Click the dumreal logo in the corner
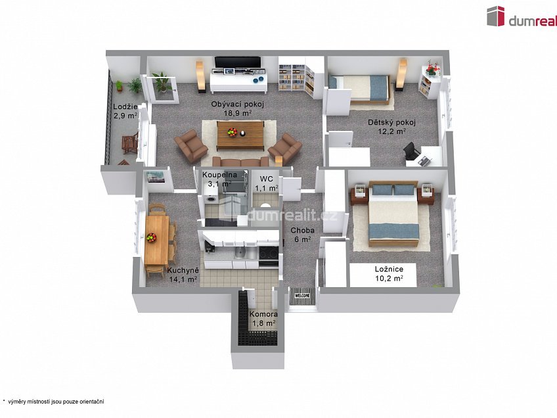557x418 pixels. (522, 16)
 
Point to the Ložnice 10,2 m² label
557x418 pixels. (389, 273)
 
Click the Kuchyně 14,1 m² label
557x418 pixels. (183, 275)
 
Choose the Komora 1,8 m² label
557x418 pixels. (263, 319)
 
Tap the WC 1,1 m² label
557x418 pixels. (267, 183)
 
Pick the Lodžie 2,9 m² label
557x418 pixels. (125, 111)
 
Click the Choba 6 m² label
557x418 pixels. (302, 235)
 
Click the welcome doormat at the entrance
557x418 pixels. (302, 296)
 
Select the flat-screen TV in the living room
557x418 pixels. (238, 62)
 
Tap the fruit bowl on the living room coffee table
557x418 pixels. (233, 132)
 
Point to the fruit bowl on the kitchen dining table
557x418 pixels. (152, 237)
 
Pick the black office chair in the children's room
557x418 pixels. (411, 152)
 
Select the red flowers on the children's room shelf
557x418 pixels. (432, 68)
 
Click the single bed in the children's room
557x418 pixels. (359, 89)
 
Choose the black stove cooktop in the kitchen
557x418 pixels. (269, 253)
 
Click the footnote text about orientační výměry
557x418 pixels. (53, 402)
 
